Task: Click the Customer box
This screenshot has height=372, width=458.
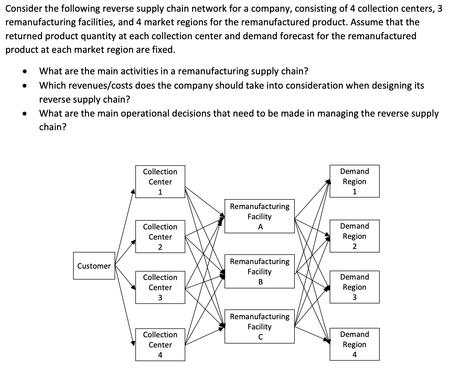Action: [x=94, y=266]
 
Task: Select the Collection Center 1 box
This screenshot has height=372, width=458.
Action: [x=160, y=181]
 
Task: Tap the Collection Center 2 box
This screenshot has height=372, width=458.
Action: [x=160, y=237]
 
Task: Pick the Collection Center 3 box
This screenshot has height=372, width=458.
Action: [x=160, y=287]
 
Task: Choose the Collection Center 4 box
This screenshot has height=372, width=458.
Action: [x=160, y=344]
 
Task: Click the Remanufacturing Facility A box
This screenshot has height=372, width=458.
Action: [x=260, y=216]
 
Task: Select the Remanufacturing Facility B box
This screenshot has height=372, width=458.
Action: [x=260, y=271]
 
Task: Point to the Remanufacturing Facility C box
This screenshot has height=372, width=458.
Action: [x=260, y=326]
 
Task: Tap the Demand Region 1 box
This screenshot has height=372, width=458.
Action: [x=354, y=181]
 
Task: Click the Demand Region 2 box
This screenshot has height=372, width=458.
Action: [x=354, y=236]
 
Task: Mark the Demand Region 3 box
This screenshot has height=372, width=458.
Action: [x=354, y=287]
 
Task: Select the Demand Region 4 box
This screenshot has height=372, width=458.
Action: [x=354, y=344]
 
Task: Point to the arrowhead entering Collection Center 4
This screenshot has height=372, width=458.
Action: [x=133, y=343]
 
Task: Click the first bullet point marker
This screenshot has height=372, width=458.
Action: [x=25, y=71]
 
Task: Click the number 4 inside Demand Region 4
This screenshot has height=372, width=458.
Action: [x=354, y=355]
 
